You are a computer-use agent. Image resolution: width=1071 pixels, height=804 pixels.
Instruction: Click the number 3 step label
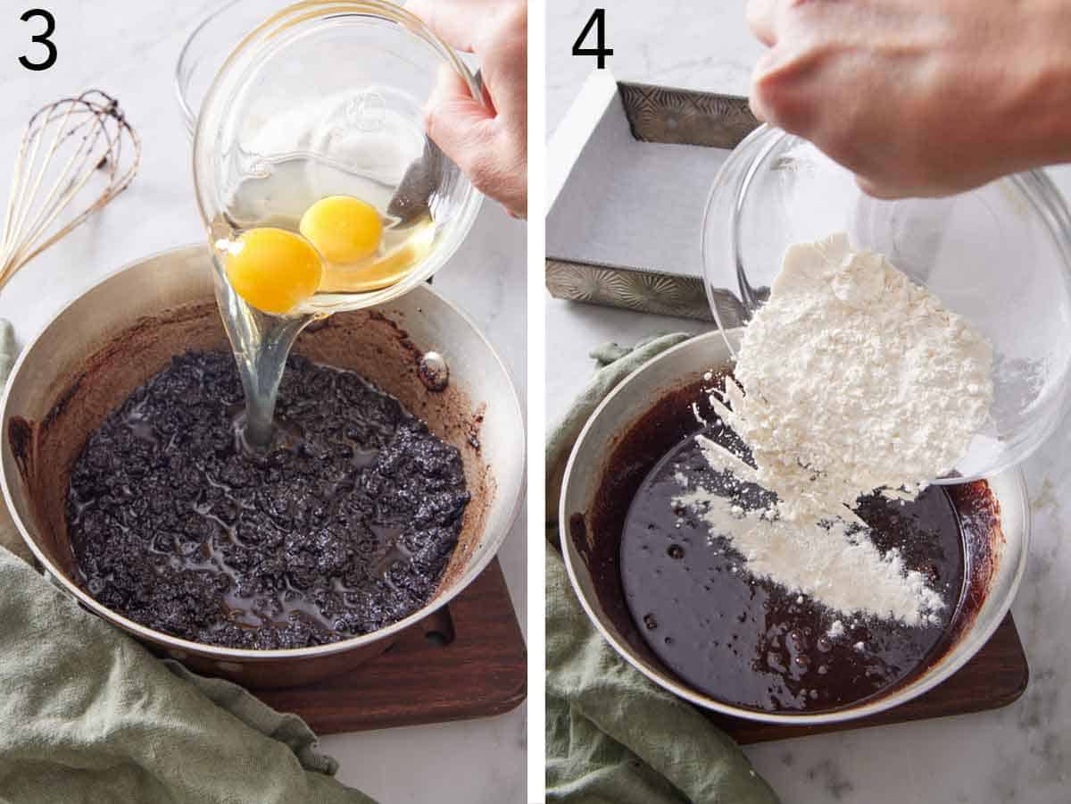coord(37,40)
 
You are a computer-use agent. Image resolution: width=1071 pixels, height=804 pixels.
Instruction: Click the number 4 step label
coord(593,40)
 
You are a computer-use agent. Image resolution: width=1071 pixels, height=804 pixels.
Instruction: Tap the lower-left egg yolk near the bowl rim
coord(272,269)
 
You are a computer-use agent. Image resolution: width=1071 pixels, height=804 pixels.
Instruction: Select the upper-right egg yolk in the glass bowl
coord(341,229)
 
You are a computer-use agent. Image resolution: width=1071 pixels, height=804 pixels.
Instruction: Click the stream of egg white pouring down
coord(259,375)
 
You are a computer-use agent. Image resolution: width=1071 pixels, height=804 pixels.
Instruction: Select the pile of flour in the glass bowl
coord(857,357)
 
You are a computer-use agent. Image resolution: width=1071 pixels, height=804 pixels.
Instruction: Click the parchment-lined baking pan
coord(634,197)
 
